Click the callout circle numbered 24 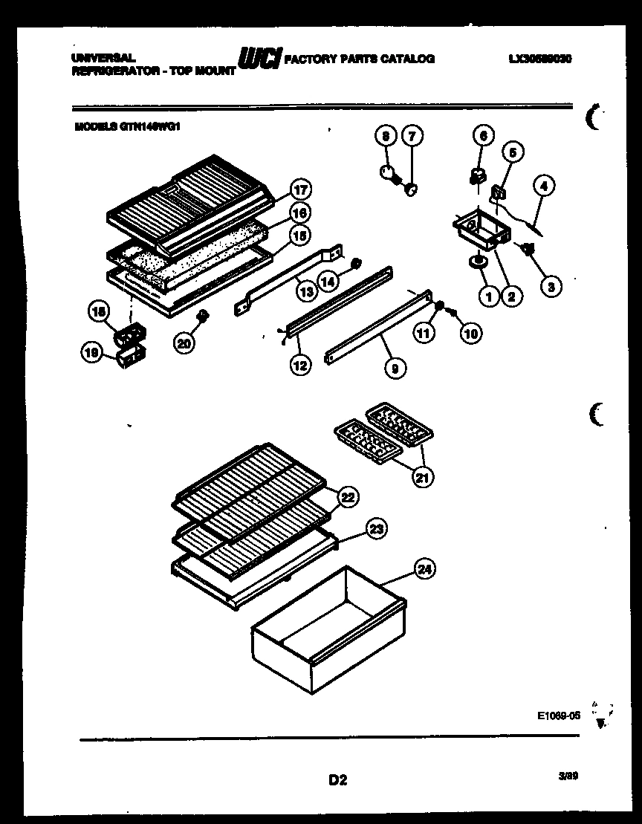click(x=425, y=570)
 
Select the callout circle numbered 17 click(x=299, y=189)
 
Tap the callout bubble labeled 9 click(x=395, y=366)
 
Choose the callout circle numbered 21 click(x=423, y=477)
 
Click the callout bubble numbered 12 click(x=301, y=365)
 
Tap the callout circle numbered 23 click(x=377, y=528)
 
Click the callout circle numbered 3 click(x=550, y=285)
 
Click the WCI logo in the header click(x=258, y=59)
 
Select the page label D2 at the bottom click(x=337, y=779)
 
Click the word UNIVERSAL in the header click(x=103, y=56)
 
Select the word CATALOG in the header click(x=410, y=58)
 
